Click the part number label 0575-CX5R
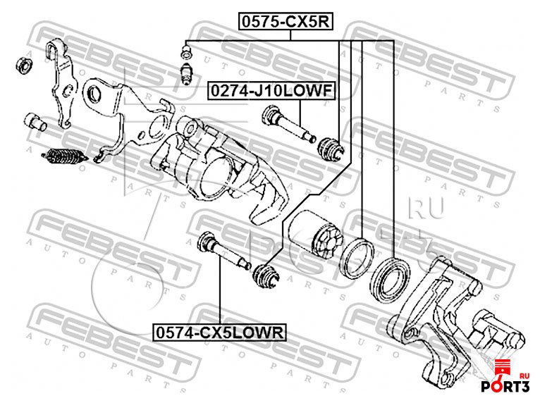[284, 22]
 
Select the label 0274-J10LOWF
[270, 92]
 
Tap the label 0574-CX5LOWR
[221, 330]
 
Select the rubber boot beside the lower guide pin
[266, 272]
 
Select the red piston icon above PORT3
[503, 367]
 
